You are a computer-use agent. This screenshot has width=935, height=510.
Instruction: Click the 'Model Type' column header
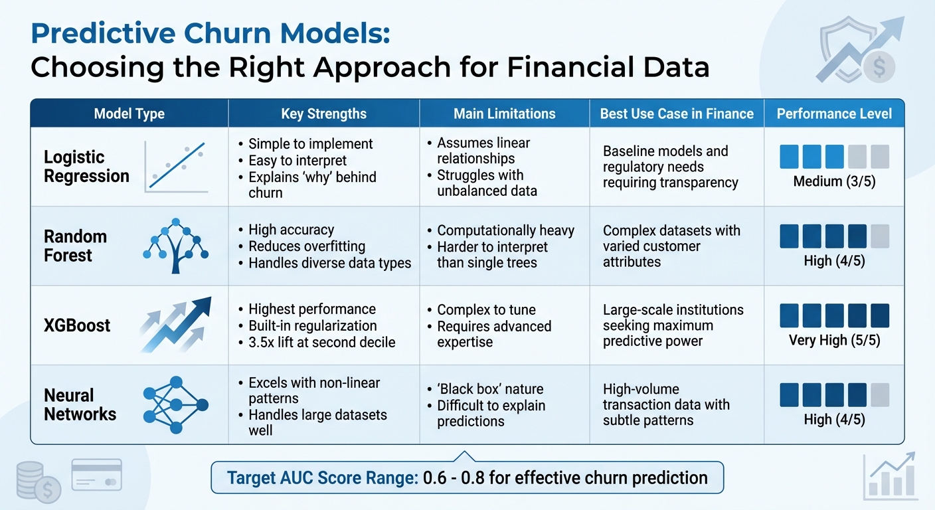[x=129, y=114]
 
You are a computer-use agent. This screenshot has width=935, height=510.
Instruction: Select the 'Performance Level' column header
[x=834, y=114]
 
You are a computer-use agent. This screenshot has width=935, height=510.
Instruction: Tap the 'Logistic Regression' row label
[x=86, y=167]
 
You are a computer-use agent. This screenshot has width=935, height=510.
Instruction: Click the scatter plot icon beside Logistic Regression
[x=177, y=167]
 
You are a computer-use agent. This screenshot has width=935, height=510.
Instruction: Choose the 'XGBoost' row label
[x=77, y=325]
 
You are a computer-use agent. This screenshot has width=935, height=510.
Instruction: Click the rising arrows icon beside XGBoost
[x=176, y=325]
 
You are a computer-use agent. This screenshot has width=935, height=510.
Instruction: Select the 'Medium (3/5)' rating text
[x=834, y=181]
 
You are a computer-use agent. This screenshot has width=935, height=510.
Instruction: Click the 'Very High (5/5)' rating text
[x=834, y=340]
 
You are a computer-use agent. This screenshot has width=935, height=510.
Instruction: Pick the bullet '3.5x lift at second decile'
[x=321, y=342]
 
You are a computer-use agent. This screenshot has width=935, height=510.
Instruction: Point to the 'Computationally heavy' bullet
[x=505, y=230]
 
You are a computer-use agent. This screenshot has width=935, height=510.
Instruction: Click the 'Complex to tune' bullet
[x=486, y=310]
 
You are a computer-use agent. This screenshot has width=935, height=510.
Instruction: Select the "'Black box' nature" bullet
[x=490, y=389]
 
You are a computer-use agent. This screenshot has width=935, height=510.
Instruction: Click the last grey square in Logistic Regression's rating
[x=879, y=157]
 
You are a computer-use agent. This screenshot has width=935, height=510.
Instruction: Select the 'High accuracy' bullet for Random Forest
[x=291, y=230]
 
